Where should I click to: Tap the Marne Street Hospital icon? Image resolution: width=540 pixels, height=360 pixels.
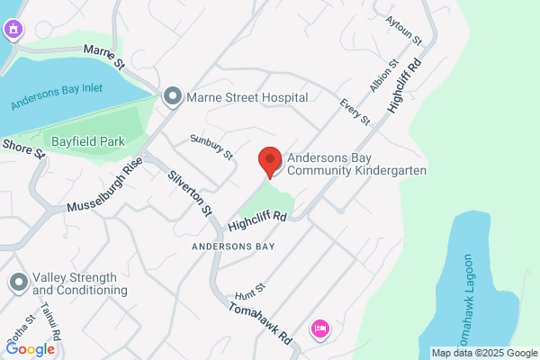(172, 96)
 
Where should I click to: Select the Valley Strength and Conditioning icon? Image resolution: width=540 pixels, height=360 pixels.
(18, 283)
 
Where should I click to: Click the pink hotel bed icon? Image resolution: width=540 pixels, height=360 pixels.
(319, 328)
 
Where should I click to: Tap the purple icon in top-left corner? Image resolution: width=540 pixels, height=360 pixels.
(13, 31)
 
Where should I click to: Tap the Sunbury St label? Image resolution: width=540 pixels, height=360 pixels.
(211, 145)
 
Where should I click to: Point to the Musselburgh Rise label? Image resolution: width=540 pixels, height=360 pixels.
(104, 190)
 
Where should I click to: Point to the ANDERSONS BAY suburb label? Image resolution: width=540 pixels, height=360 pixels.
(232, 245)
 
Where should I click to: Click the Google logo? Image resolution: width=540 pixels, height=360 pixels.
(30, 349)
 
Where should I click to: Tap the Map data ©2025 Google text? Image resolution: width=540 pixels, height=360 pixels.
(483, 352)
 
